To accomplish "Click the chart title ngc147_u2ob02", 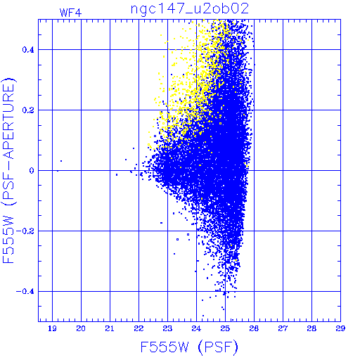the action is click(x=189, y=9).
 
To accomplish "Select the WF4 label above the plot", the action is click(x=70, y=13).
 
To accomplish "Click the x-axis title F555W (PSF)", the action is click(x=189, y=347).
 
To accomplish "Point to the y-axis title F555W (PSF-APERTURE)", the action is click(x=8, y=170).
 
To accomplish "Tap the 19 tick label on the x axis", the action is click(x=52, y=328).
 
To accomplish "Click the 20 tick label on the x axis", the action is click(x=81, y=328).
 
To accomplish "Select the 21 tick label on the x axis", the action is click(x=110, y=328).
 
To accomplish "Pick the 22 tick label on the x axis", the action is click(x=139, y=328).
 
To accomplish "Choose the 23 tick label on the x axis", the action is click(x=167, y=328).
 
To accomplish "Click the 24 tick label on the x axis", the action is click(x=196, y=328).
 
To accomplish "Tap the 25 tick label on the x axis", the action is click(x=225, y=328).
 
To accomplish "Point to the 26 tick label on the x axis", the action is click(x=254, y=328).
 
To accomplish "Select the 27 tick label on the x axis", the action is click(x=283, y=328).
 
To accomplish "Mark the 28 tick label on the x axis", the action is click(x=311, y=328).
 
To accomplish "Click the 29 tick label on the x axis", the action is click(x=340, y=328).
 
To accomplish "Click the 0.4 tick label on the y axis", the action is click(x=28, y=50).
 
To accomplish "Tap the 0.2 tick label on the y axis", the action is click(x=28, y=110).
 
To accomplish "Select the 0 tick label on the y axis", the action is click(x=32, y=171).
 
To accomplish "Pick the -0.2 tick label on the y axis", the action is click(x=25, y=231).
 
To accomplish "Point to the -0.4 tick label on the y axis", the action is click(x=25, y=292).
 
